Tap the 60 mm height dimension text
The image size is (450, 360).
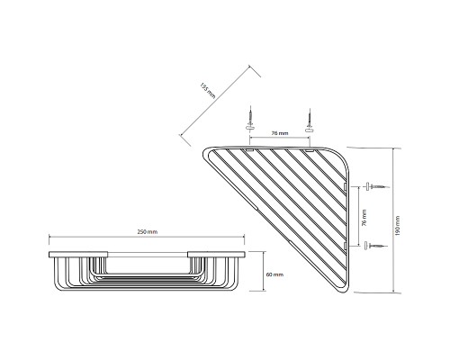click(275, 274)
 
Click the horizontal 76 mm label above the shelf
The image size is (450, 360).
click(279, 133)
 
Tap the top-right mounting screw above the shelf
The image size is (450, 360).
click(309, 117)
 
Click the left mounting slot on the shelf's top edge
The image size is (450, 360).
click(251, 147)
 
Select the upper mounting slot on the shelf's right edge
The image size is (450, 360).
click(346, 186)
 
